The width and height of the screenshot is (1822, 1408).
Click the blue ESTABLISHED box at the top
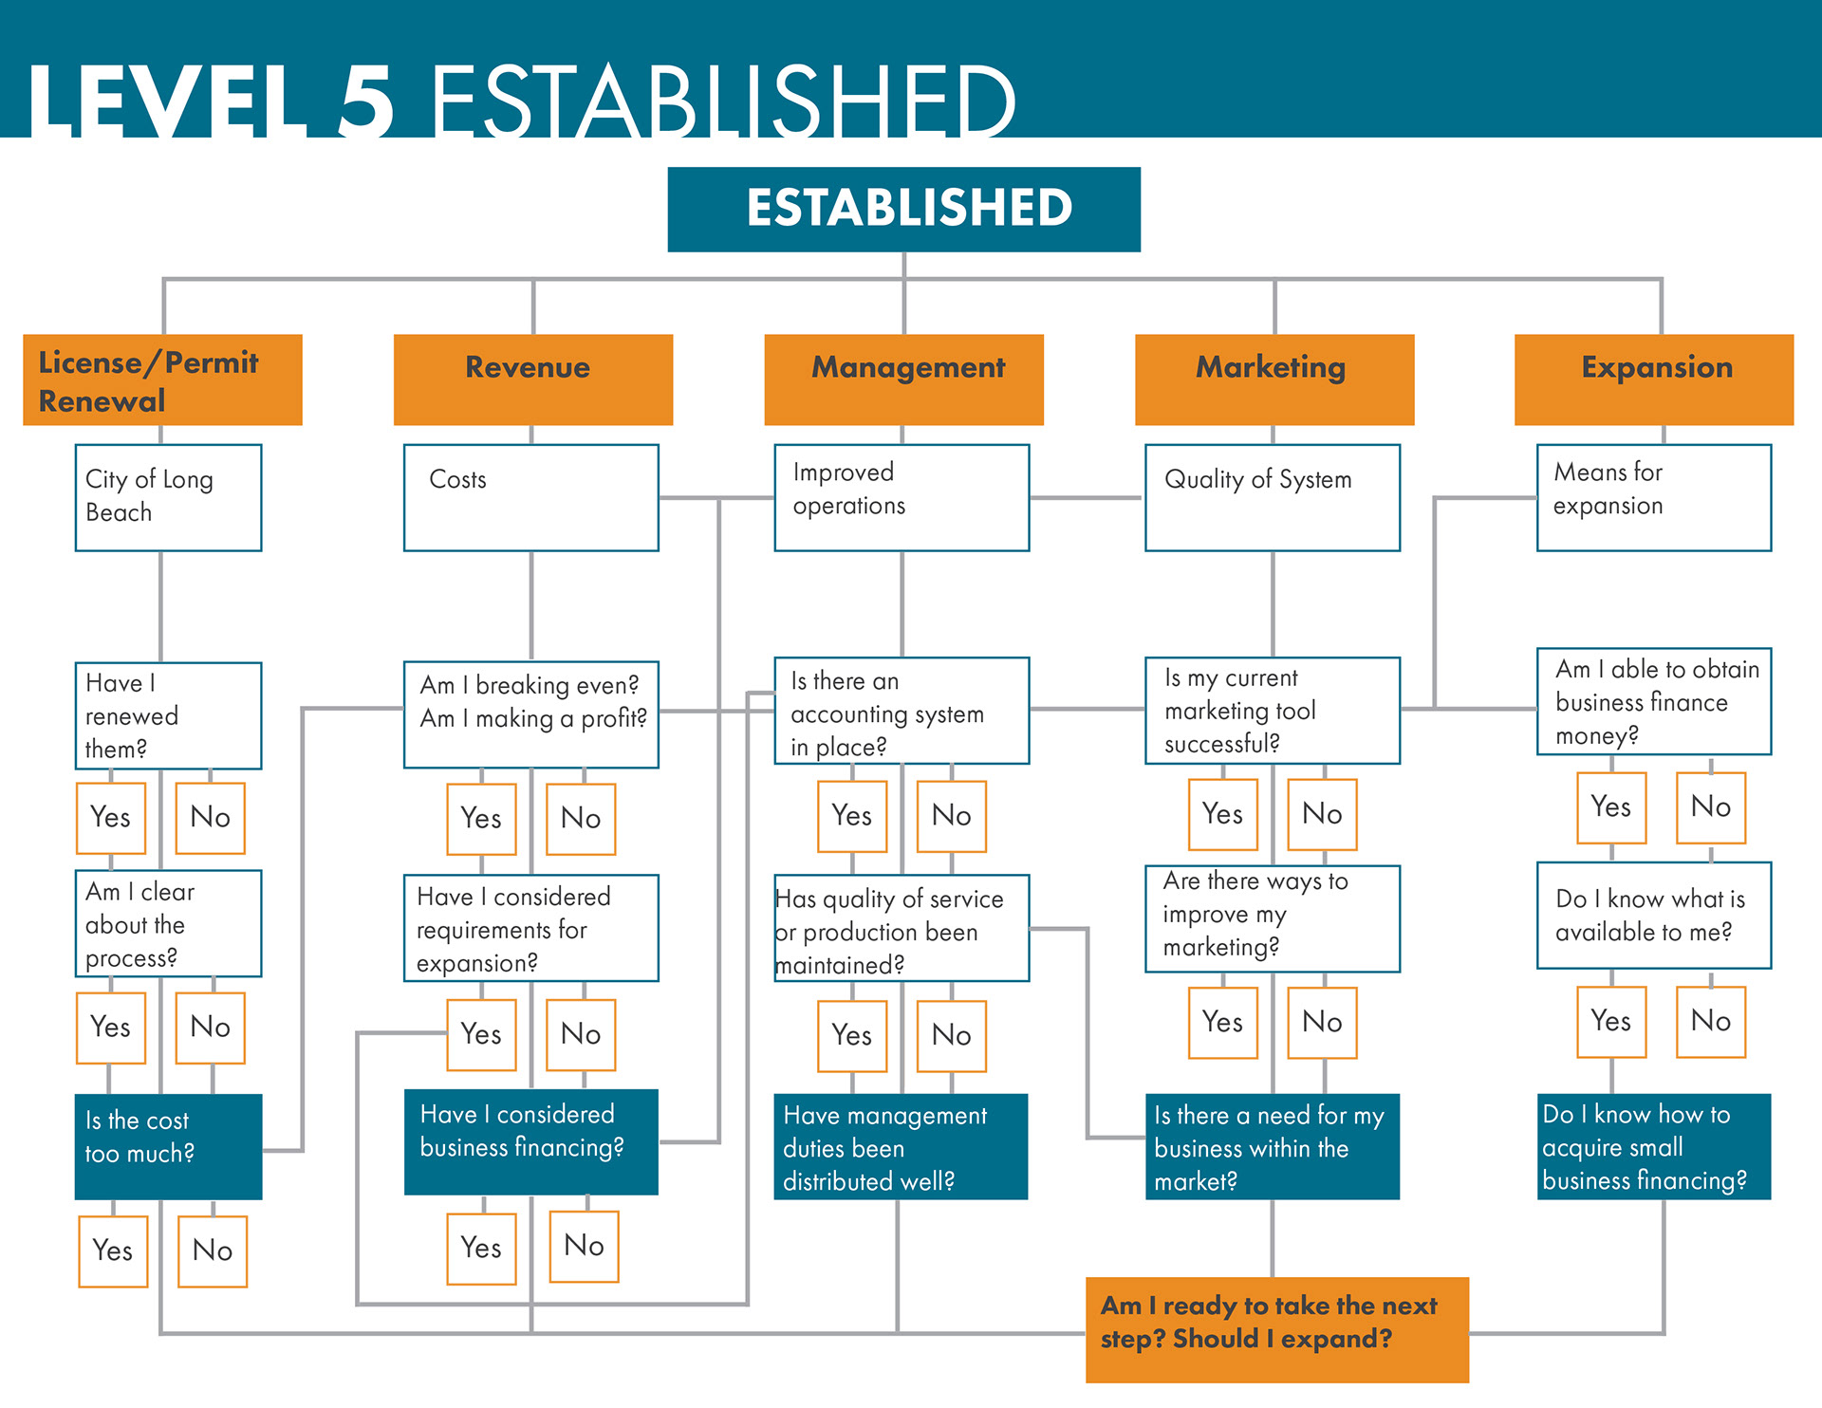(x=903, y=209)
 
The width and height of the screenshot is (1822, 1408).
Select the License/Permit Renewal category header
(x=162, y=380)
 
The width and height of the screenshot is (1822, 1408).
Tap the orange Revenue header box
(x=532, y=380)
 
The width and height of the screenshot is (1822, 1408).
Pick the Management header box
(x=903, y=380)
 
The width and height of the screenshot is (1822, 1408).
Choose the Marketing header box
(x=1274, y=380)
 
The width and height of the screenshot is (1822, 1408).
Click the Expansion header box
(x=1653, y=380)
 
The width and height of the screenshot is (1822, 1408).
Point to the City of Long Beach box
(x=168, y=497)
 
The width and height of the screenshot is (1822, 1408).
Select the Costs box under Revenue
(x=530, y=497)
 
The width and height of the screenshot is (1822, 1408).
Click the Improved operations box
(x=902, y=497)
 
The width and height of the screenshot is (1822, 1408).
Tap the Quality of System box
(x=1272, y=497)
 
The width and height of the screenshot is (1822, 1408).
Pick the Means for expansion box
(x=1653, y=497)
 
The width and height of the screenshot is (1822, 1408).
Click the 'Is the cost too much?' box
(x=168, y=1146)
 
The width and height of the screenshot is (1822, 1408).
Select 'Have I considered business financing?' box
(x=530, y=1141)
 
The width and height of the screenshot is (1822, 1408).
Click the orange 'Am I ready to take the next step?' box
(x=1276, y=1328)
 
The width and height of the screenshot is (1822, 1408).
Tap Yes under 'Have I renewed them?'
(x=111, y=817)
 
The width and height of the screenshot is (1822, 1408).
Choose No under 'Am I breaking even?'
(x=581, y=818)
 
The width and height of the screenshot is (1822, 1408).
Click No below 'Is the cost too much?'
(x=213, y=1251)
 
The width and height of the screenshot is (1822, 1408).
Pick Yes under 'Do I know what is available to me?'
(x=1610, y=1021)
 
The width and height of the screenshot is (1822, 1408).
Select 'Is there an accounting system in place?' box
(x=902, y=711)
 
